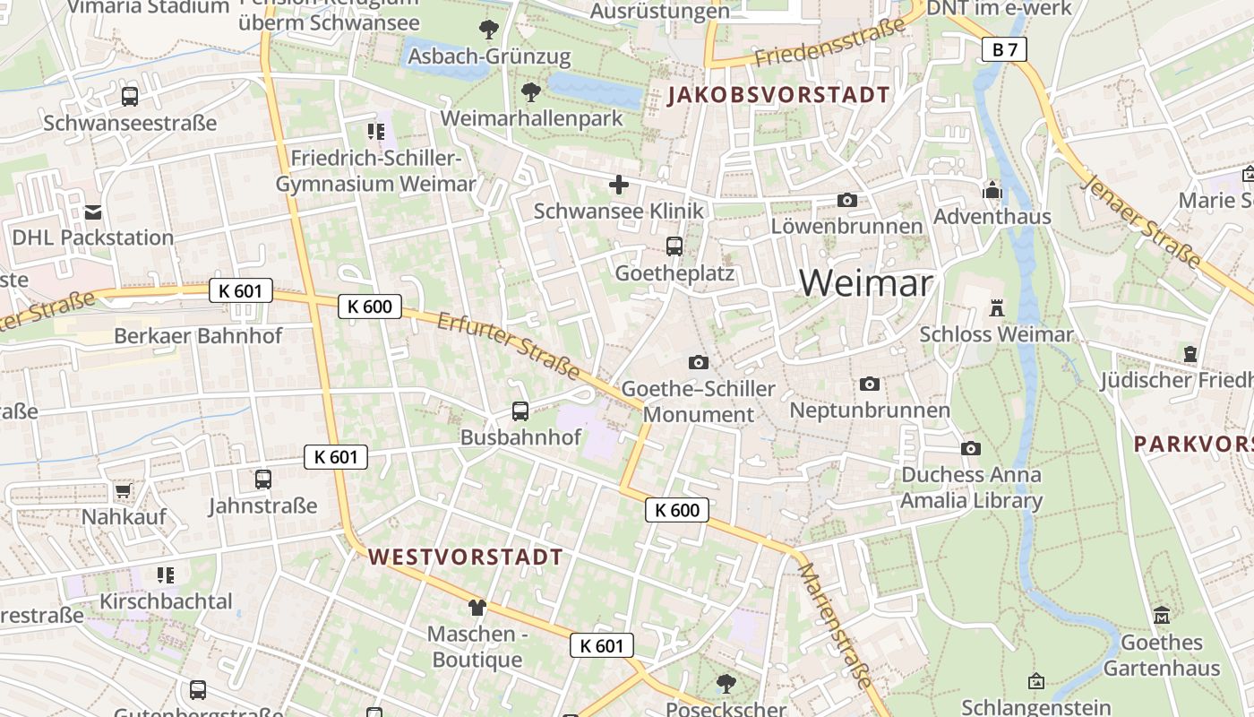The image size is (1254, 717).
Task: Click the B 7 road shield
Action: tap(1004, 49)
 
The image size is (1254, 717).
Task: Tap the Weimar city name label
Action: tap(865, 284)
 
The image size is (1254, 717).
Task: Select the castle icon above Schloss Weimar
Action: tap(996, 308)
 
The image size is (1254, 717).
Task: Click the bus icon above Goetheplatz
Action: tap(674, 246)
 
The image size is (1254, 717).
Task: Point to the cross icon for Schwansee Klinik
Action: tap(619, 186)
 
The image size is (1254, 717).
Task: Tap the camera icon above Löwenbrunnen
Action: tap(846, 200)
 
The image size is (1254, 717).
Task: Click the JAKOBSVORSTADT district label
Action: tap(777, 95)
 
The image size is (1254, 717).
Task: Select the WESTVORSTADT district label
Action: tap(466, 557)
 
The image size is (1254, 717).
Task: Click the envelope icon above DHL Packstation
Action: tap(93, 212)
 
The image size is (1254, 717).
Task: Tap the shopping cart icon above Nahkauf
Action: tap(123, 491)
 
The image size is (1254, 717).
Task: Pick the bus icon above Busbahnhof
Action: tap(520, 411)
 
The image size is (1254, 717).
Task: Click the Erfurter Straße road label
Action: tap(508, 345)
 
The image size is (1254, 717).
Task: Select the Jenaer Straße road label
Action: tap(1141, 220)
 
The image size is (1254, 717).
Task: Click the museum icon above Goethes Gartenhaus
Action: tap(1162, 616)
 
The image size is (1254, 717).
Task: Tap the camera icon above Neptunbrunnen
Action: tap(869, 384)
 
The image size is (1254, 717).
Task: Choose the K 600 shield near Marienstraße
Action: tap(677, 510)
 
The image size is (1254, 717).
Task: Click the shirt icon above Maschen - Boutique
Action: tap(477, 608)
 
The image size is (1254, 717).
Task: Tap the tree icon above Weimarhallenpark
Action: tap(531, 91)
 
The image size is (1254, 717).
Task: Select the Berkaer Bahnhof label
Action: tap(198, 336)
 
